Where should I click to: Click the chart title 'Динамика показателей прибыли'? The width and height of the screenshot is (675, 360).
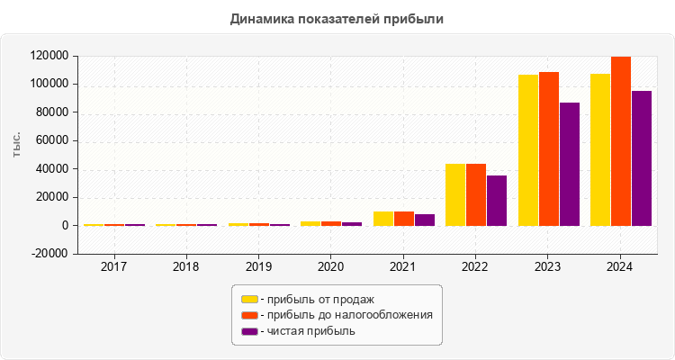click(337, 18)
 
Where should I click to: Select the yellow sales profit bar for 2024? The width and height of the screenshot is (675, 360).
click(600, 149)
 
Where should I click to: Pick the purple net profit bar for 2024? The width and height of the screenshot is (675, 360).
click(642, 157)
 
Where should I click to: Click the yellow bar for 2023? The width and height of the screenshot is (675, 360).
click(528, 150)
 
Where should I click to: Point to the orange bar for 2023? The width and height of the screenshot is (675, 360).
click(549, 148)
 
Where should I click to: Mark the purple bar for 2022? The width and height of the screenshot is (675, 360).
click(497, 200)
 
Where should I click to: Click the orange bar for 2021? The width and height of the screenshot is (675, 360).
click(404, 219)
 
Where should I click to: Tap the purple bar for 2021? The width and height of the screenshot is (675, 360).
click(425, 220)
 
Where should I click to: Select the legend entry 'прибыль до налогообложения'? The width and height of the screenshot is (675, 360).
click(346, 315)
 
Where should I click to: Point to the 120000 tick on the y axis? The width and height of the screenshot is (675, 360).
click(50, 56)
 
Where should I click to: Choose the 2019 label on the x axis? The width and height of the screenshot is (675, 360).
click(258, 267)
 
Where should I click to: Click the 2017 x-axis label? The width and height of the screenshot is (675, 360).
click(113, 267)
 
